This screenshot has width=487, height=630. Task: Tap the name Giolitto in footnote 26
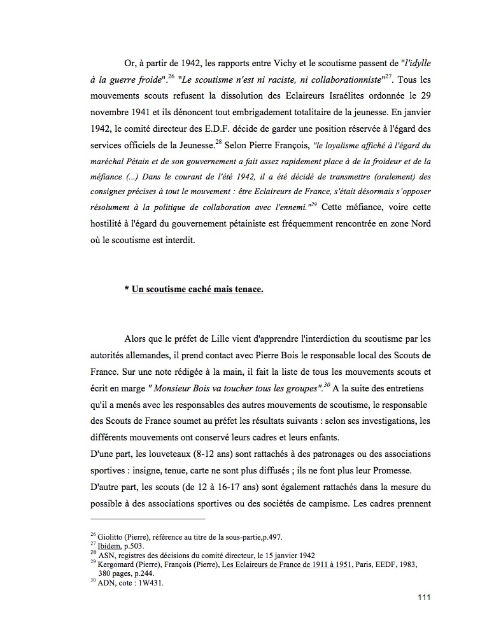pyautogui.click(x=111, y=536)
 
